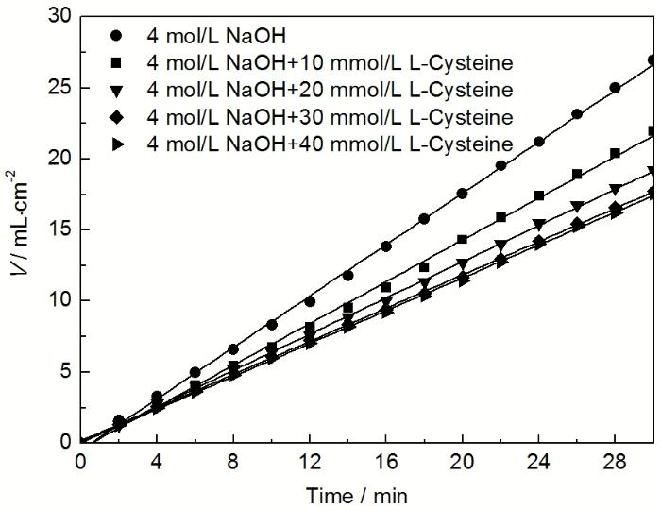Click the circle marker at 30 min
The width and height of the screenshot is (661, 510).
pos(653,59)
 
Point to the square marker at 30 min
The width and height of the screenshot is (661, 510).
pos(653,131)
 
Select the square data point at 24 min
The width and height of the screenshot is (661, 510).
pos(538,195)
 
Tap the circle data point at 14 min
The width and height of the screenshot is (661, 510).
pos(347,276)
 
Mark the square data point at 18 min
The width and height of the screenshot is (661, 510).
pos(424,267)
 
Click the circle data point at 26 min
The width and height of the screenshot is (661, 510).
pos(576,114)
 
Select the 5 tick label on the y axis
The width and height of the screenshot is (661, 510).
pos(63,371)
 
